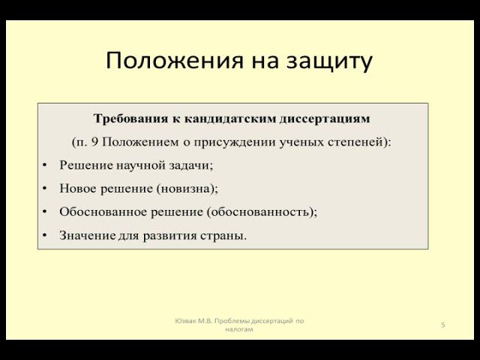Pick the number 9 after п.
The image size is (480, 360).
91,142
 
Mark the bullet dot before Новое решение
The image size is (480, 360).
45,189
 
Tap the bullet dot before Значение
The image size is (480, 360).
45,235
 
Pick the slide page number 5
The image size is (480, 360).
443,325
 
